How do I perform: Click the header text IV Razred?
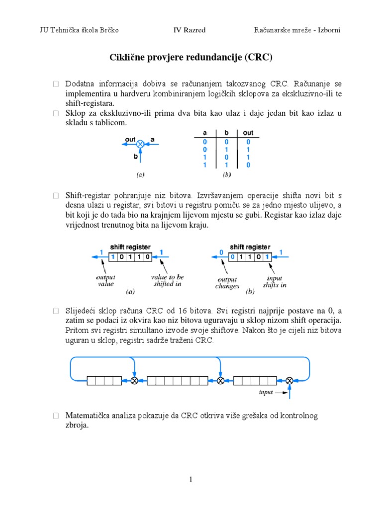click(x=189, y=30)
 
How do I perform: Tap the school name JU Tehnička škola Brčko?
click(x=79, y=30)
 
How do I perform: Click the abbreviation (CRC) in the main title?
click(x=258, y=58)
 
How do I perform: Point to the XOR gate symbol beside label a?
click(x=140, y=144)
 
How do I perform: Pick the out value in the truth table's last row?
click(x=248, y=165)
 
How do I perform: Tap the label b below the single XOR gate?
click(x=135, y=156)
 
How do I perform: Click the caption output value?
click(x=106, y=280)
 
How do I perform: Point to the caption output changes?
click(x=227, y=283)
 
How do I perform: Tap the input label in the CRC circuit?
click(x=267, y=392)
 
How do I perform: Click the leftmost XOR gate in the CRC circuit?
click(x=134, y=381)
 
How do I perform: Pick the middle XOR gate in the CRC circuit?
click(x=221, y=381)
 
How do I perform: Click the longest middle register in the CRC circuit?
click(x=178, y=381)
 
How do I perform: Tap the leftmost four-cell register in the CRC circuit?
click(x=104, y=381)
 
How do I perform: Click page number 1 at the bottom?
click(x=191, y=479)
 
